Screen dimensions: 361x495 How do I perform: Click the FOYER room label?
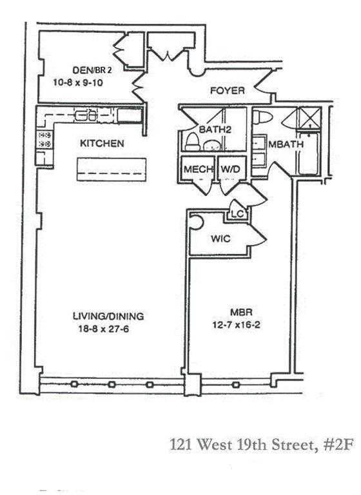coord(228,91)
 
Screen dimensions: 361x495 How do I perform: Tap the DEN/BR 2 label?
coord(92,70)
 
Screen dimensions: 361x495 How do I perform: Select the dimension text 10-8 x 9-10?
coord(78,82)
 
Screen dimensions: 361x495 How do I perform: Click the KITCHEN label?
coord(102,143)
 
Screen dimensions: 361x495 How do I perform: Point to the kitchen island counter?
coord(112,170)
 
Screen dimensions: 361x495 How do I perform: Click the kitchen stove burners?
coord(44,139)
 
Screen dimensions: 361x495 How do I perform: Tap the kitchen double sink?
coord(86,115)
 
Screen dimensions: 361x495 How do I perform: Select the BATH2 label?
coord(216,129)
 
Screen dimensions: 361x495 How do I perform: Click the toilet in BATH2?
coord(192,141)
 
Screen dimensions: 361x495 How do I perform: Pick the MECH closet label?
coord(198,169)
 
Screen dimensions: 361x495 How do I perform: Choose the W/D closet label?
coord(230,169)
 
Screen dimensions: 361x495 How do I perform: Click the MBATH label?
coord(286,144)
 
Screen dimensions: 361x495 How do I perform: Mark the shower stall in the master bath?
coord(310,117)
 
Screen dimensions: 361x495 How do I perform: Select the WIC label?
coord(220,238)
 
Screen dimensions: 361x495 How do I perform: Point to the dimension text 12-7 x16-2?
coord(236,325)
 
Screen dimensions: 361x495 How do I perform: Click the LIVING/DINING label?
coord(108,316)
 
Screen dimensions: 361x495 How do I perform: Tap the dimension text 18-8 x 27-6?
coord(104,329)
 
